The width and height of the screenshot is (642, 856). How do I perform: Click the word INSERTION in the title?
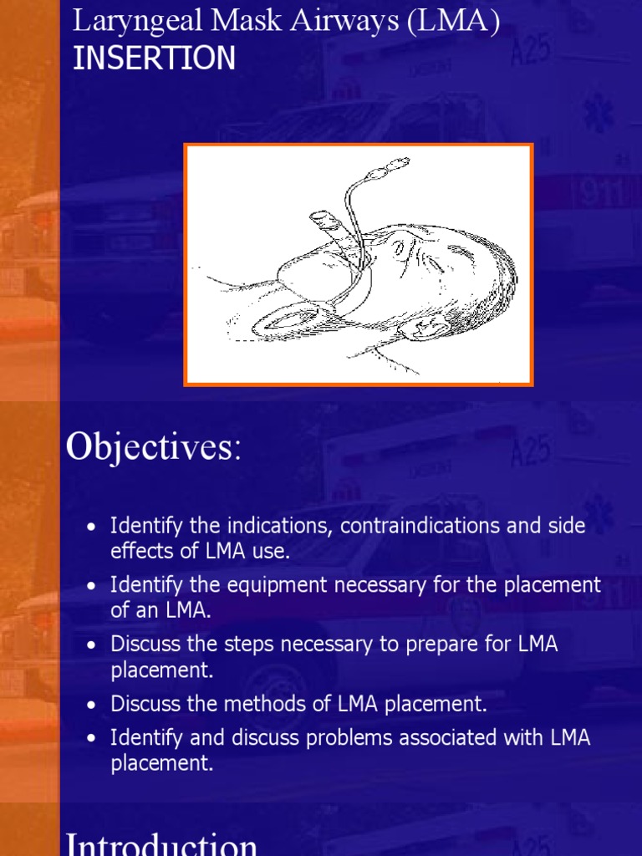[x=154, y=59]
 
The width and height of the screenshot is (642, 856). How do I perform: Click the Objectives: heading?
[x=153, y=447]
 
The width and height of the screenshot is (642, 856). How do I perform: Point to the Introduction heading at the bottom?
[x=162, y=843]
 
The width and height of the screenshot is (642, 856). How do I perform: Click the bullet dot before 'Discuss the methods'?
[x=92, y=706]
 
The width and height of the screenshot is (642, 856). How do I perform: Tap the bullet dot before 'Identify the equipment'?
[x=92, y=586]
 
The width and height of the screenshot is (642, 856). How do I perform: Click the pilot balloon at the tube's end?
[x=390, y=167]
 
